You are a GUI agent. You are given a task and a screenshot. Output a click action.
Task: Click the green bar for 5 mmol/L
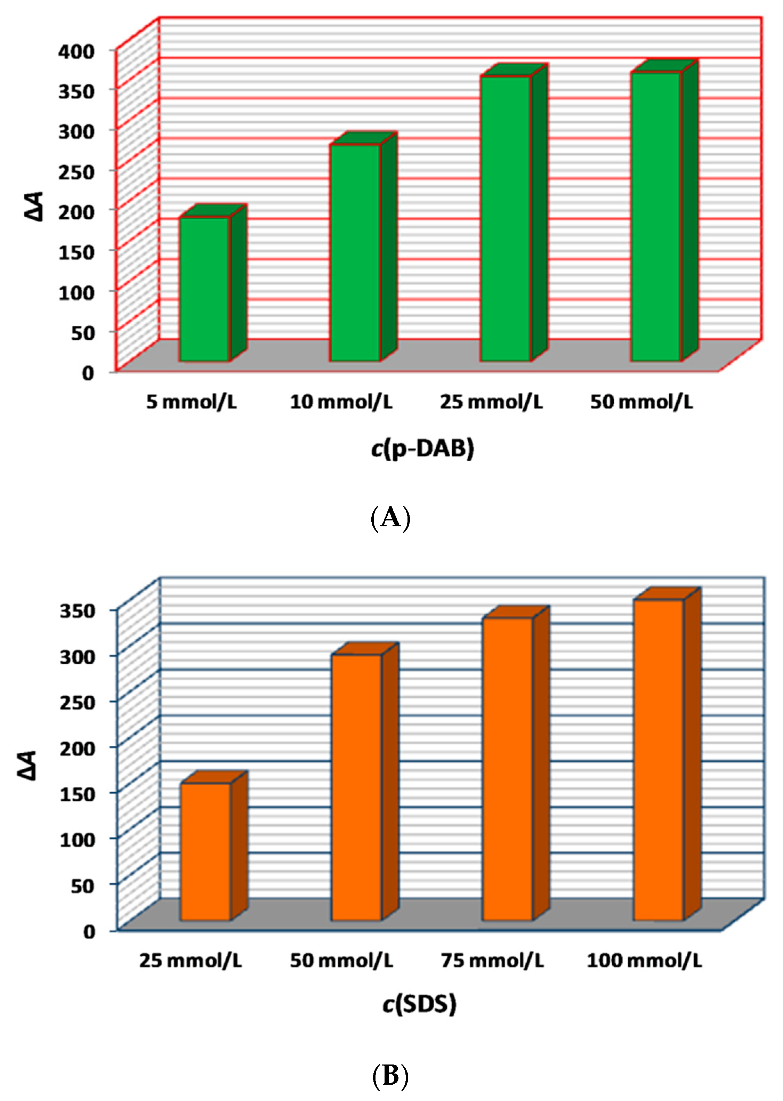[x=204, y=289]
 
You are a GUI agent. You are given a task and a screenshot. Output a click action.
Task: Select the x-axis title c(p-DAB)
[x=422, y=448]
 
